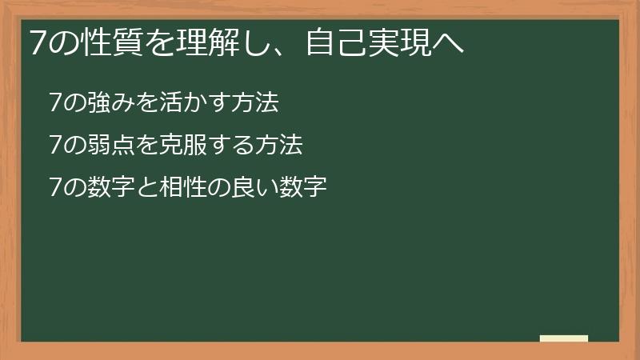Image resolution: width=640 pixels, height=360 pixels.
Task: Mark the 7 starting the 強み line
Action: (x=54, y=103)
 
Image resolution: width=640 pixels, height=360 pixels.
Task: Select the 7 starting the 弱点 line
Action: (x=54, y=146)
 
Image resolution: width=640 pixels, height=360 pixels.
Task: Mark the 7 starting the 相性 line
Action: (x=54, y=188)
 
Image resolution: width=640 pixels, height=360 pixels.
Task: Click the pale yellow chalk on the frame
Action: (x=563, y=338)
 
